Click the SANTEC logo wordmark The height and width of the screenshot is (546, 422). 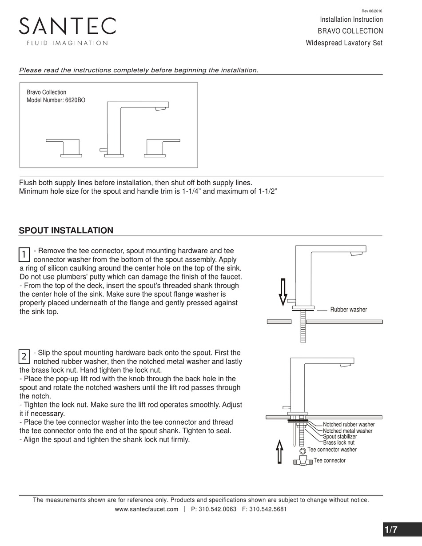coord(67,27)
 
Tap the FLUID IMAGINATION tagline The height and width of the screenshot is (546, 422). coord(67,43)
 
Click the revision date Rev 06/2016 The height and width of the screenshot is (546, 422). coord(373,11)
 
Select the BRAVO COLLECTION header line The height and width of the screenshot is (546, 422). coord(350,31)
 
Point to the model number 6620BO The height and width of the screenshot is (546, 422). coord(75,100)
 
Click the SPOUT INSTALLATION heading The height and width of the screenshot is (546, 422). coord(66,230)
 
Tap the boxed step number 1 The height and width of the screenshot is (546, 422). coord(24,255)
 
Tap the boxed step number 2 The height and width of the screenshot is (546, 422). coord(24,356)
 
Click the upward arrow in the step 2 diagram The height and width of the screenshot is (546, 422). coord(279,451)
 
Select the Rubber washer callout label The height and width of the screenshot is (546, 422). coord(348,310)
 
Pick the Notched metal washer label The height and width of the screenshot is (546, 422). coord(347,431)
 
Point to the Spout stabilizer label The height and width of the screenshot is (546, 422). coord(340,437)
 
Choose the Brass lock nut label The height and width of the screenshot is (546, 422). coord(338,442)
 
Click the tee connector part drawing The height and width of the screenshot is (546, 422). coord(302,462)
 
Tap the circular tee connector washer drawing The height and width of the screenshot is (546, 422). coord(303,451)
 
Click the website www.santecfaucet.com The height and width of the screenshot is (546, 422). coord(147,509)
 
